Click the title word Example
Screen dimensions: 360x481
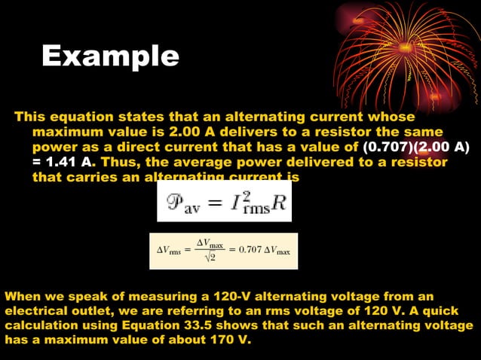(110, 56)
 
